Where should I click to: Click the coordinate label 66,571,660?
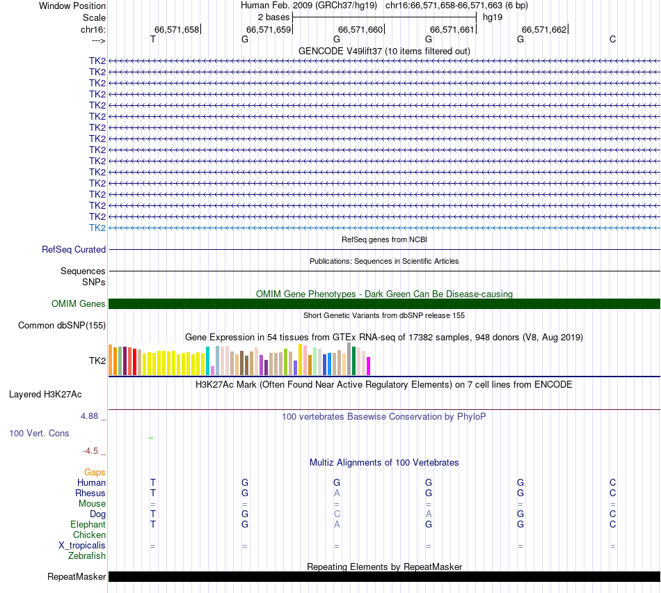360,29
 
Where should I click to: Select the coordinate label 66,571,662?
544,29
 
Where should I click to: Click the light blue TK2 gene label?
97,228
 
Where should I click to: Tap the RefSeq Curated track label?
74,249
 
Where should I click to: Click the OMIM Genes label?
79,303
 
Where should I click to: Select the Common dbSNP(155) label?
62,325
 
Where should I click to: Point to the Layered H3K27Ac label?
45,394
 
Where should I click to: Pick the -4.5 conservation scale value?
90,450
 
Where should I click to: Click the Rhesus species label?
90,493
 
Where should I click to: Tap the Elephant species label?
88,524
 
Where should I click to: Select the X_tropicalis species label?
82,545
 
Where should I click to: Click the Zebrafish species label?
87,555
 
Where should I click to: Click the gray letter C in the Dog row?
337,514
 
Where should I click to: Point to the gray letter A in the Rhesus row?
337,493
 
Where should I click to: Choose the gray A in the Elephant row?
337,524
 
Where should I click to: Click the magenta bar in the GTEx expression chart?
369,366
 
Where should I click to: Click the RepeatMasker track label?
77,576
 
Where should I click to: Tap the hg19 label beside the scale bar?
493,17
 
